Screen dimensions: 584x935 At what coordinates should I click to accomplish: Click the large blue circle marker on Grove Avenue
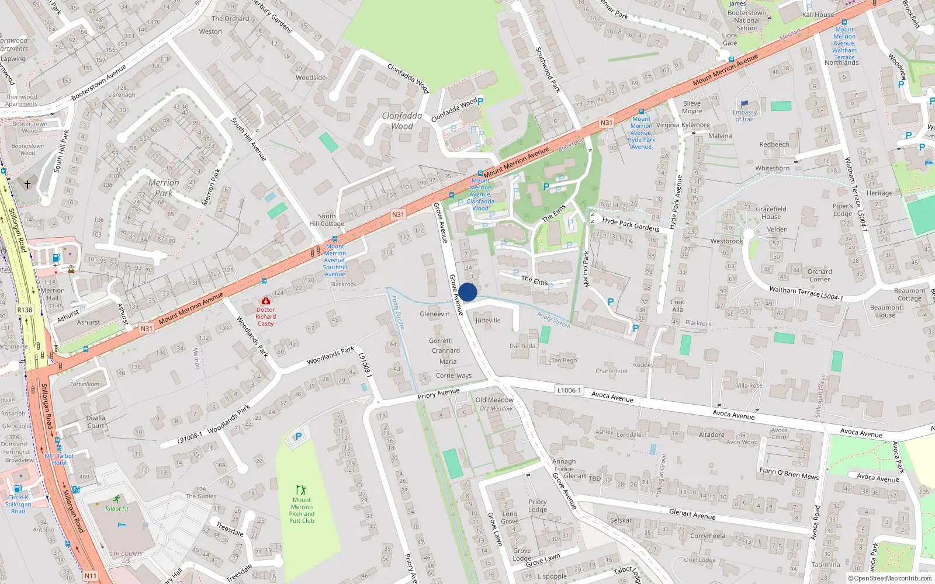click(x=467, y=292)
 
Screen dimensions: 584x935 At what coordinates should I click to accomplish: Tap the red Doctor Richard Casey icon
click(x=266, y=301)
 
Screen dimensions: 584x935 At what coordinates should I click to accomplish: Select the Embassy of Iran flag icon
click(x=744, y=105)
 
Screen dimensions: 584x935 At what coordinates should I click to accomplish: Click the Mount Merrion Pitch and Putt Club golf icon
click(x=301, y=490)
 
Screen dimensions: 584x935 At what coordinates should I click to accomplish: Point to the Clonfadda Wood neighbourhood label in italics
click(x=402, y=121)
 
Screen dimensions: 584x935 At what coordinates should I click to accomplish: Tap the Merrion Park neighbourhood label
click(x=164, y=187)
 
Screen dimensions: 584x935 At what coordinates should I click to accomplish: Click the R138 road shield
click(x=25, y=310)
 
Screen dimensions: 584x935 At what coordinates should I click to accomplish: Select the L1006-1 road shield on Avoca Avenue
click(x=569, y=390)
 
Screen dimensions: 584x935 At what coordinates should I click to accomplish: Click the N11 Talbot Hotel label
click(x=59, y=459)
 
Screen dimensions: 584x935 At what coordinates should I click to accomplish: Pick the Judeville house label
click(x=488, y=320)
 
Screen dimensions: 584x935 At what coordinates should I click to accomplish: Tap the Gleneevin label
click(x=435, y=314)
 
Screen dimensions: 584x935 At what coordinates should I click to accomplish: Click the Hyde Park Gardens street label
click(x=631, y=224)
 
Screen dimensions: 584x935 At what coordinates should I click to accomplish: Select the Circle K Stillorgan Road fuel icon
click(x=18, y=488)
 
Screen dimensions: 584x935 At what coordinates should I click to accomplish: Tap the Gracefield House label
click(x=771, y=213)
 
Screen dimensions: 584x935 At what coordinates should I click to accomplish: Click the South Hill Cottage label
click(x=327, y=220)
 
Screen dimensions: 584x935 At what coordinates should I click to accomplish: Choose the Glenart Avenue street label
click(x=692, y=514)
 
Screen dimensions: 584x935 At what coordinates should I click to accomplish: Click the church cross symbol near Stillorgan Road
click(x=27, y=184)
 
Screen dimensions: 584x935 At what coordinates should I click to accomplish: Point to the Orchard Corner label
click(x=819, y=275)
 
